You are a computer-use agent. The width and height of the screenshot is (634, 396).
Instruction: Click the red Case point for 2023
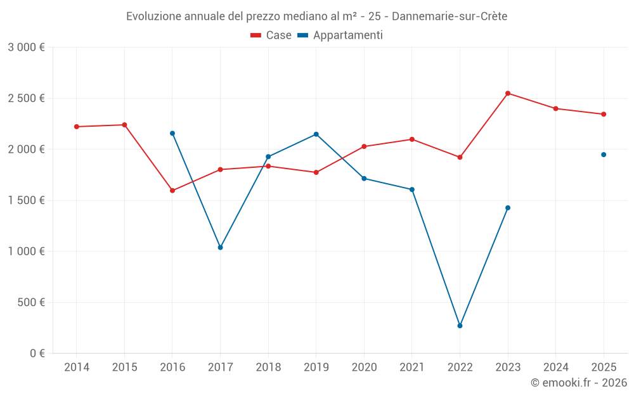tap(508, 93)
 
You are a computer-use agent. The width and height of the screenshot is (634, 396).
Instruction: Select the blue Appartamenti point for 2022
tap(460, 326)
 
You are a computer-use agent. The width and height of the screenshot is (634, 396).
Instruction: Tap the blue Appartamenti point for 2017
tap(220, 247)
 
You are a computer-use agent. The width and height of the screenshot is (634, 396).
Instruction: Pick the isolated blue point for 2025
tap(604, 155)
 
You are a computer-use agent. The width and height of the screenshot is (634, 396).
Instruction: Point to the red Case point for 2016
tap(172, 190)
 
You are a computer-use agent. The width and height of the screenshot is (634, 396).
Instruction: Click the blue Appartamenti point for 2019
tap(316, 134)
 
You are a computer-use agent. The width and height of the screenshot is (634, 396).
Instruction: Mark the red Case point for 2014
tap(77, 127)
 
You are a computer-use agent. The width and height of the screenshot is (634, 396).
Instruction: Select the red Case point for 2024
tap(556, 108)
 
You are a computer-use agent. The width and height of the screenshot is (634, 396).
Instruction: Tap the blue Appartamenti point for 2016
tap(172, 133)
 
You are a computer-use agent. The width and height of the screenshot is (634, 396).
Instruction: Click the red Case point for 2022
tap(460, 157)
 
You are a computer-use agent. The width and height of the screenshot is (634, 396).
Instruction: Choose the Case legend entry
tap(271, 35)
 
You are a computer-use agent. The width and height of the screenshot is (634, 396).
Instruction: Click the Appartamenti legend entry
tap(340, 35)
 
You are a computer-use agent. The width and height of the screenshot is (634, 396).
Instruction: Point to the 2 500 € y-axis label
tap(26, 98)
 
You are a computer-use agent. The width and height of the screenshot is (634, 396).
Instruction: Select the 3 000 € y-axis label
tap(26, 48)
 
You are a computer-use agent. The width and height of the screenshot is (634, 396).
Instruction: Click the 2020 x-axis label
tap(364, 367)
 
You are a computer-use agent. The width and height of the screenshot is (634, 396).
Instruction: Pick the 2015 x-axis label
tap(124, 367)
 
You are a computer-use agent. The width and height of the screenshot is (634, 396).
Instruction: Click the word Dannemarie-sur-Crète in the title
tap(450, 16)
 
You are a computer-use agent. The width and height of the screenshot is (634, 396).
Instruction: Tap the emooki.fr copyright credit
tap(578, 382)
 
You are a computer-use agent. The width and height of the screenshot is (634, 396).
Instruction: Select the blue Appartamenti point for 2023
tap(508, 208)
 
